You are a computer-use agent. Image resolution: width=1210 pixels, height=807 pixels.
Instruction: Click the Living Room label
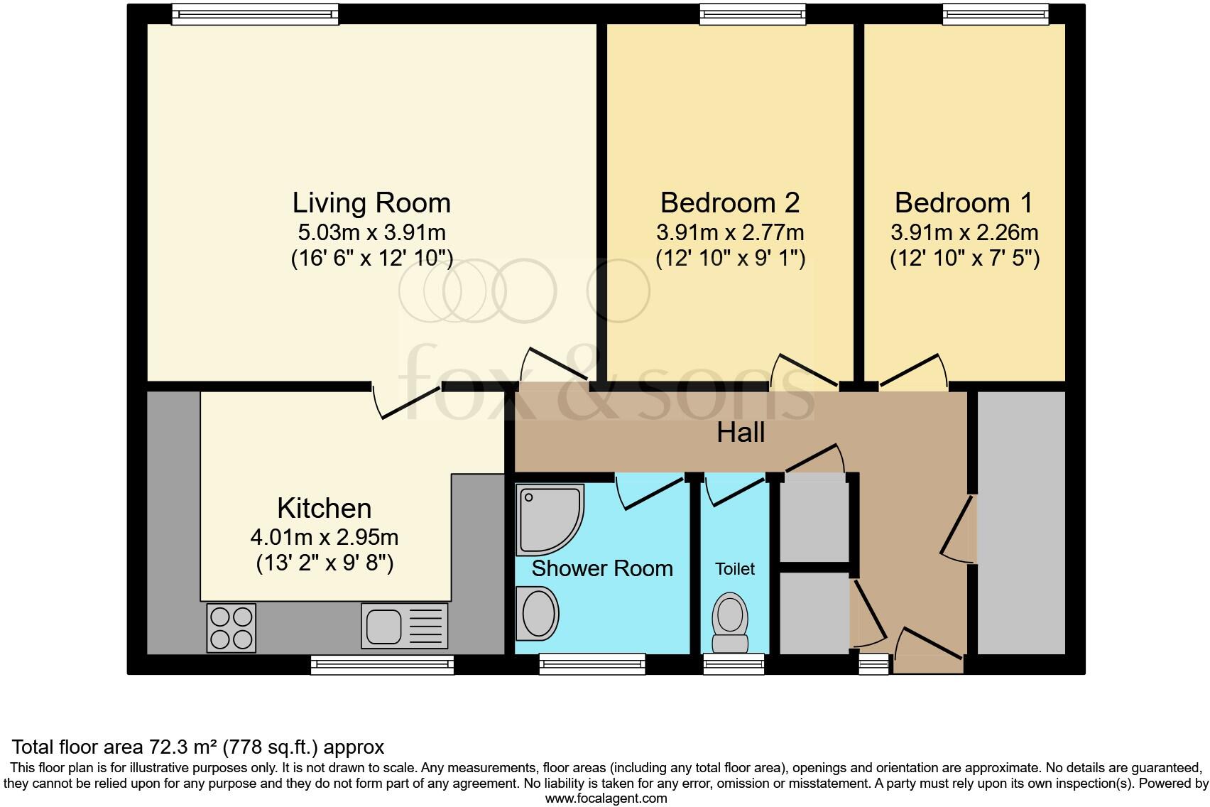click(371, 203)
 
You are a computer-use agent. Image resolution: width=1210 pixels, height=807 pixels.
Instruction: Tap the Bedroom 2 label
click(730, 203)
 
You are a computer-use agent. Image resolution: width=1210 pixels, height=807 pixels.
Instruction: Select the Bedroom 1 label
click(964, 203)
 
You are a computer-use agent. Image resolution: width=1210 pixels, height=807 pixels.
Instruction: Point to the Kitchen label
click(325, 509)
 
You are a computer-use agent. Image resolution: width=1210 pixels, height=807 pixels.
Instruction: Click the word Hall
click(741, 433)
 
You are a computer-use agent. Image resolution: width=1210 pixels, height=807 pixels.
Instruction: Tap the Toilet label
click(735, 568)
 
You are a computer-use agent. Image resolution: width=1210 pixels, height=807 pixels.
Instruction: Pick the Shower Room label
click(602, 568)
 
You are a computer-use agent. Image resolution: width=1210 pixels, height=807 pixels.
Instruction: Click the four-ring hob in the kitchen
click(231, 628)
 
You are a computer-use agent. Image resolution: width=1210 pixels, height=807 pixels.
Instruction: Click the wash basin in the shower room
click(537, 614)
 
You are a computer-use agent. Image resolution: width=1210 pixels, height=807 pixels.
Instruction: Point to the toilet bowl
click(730, 622)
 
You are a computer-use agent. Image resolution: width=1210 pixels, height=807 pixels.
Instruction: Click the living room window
click(255, 15)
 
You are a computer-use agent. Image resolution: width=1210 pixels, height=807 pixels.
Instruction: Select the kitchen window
click(383, 664)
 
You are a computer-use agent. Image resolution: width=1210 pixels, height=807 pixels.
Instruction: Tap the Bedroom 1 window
click(996, 15)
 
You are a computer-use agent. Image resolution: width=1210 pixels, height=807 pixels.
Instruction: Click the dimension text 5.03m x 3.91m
click(371, 232)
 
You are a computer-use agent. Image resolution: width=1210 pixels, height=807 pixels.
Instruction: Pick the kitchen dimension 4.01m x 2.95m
click(325, 538)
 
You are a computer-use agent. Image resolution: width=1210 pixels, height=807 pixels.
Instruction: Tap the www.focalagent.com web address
click(606, 798)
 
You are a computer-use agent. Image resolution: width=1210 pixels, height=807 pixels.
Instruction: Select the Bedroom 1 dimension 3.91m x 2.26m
click(964, 232)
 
